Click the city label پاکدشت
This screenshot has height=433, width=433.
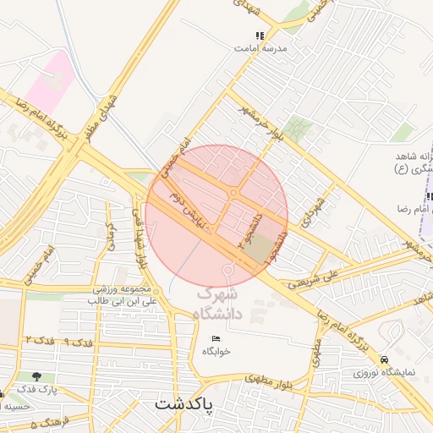click(184, 405)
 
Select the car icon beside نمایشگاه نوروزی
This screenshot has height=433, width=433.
click(385, 359)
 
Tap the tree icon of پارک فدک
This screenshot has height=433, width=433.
click(36, 376)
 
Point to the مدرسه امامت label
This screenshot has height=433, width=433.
click(262, 49)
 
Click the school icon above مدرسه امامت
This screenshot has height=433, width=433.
click(260, 36)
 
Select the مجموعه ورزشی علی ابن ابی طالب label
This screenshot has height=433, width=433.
click(124, 294)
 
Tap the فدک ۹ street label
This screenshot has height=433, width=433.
click(79, 343)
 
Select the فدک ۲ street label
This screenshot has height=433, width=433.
click(39, 339)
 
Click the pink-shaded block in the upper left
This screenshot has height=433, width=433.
click(47, 80)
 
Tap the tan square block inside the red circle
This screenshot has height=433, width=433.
click(265, 248)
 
